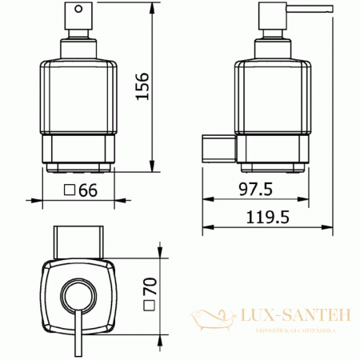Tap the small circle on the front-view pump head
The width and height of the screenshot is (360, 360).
(78, 12)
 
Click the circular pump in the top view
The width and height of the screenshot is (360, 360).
(78, 294)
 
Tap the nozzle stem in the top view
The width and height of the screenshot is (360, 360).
(78, 332)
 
